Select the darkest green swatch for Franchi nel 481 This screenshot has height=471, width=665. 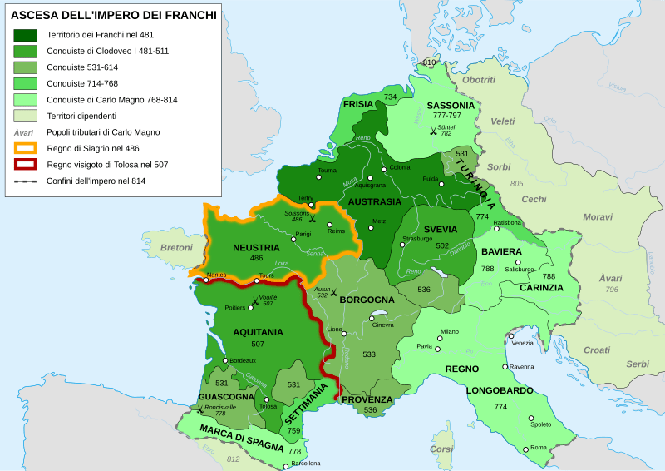(x=26, y=35)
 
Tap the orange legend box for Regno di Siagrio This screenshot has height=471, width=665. (x=26, y=148)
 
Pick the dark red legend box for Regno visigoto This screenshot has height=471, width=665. (x=26, y=164)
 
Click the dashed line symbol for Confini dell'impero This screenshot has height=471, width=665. (x=26, y=181)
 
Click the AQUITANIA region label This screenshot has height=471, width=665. (x=258, y=331)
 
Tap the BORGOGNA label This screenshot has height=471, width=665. (x=367, y=299)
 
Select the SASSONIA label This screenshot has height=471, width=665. (x=451, y=106)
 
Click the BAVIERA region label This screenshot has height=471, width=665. (x=501, y=251)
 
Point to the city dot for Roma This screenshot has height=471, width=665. (x=526, y=449)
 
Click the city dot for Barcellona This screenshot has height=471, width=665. (x=286, y=464)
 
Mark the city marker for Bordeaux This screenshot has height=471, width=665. (x=224, y=360)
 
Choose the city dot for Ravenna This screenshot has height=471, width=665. (x=505, y=366)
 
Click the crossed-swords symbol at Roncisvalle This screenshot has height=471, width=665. (x=199, y=409)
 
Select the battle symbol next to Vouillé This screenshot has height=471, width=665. (x=255, y=300)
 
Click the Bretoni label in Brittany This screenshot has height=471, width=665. (x=176, y=247)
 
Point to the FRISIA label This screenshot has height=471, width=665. (x=358, y=104)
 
